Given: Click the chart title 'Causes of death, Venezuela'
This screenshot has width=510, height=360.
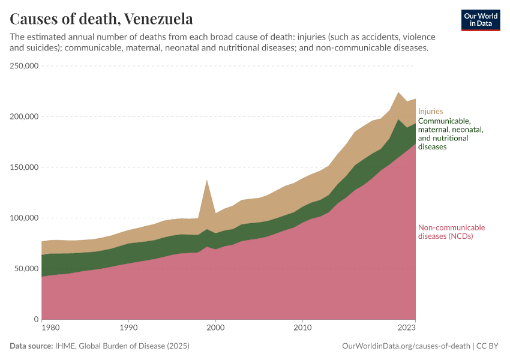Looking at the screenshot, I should [101, 19].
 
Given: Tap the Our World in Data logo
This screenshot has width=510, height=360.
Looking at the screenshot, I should [481, 20].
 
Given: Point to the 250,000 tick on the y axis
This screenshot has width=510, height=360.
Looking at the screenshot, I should [25, 66].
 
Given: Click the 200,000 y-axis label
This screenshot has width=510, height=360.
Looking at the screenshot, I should [25, 116].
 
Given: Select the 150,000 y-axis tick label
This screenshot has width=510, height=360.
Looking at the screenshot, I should [25, 167].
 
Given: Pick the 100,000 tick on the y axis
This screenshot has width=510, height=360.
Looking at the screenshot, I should [25, 218].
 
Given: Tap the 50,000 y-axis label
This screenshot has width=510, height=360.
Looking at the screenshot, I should [27, 269].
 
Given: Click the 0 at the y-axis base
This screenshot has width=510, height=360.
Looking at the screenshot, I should [36, 319].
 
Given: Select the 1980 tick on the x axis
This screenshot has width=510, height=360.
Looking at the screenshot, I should [50, 329].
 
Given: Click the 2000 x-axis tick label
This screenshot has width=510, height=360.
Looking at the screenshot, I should [215, 329].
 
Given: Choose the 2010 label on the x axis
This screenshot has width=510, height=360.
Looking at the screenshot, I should [302, 329].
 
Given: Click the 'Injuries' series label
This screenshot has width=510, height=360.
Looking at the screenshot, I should [430, 111].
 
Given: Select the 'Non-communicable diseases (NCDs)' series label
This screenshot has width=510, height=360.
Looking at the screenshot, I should [451, 232].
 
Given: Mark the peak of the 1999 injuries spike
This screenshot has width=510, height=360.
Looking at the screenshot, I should [207, 180].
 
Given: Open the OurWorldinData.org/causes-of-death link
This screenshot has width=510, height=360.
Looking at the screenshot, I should [405, 346].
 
